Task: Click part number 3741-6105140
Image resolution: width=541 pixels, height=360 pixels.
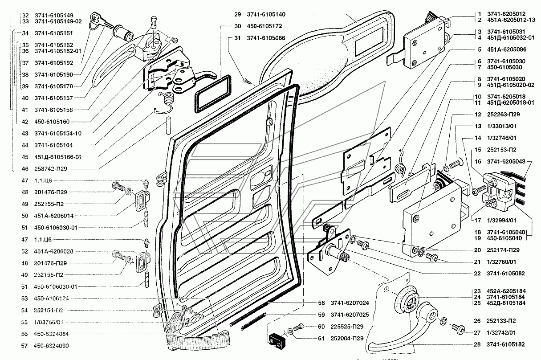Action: click(x=266, y=14)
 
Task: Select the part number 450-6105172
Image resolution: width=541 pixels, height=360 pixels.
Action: click(x=264, y=26)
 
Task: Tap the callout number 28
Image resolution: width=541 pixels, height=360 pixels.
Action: click(x=477, y=344)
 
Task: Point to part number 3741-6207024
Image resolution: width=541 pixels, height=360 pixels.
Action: click(x=350, y=303)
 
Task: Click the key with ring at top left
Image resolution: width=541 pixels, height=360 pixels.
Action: click(x=99, y=20)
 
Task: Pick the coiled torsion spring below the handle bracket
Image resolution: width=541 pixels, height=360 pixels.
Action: click(x=166, y=102)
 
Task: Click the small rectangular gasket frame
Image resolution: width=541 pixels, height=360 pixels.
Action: click(x=212, y=94)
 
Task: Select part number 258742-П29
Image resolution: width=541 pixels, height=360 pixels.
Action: click(x=51, y=169)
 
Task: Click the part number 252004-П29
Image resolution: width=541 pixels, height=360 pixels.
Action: click(x=347, y=338)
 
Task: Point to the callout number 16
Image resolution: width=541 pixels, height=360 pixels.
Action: click(x=477, y=161)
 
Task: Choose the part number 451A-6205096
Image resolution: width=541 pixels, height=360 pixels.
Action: click(x=506, y=49)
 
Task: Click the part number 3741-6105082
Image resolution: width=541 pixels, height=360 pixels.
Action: click(x=505, y=274)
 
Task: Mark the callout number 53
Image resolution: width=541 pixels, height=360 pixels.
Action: click(x=24, y=299)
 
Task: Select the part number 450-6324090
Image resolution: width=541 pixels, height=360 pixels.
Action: click(x=51, y=346)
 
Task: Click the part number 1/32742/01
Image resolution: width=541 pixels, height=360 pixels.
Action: click(x=501, y=333)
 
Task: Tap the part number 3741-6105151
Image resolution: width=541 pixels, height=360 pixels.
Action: click(x=53, y=33)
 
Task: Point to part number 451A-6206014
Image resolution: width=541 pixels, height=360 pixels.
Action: click(x=53, y=216)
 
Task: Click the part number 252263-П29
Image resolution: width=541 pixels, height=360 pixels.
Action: click(x=503, y=114)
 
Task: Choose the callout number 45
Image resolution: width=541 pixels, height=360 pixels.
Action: click(x=25, y=157)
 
